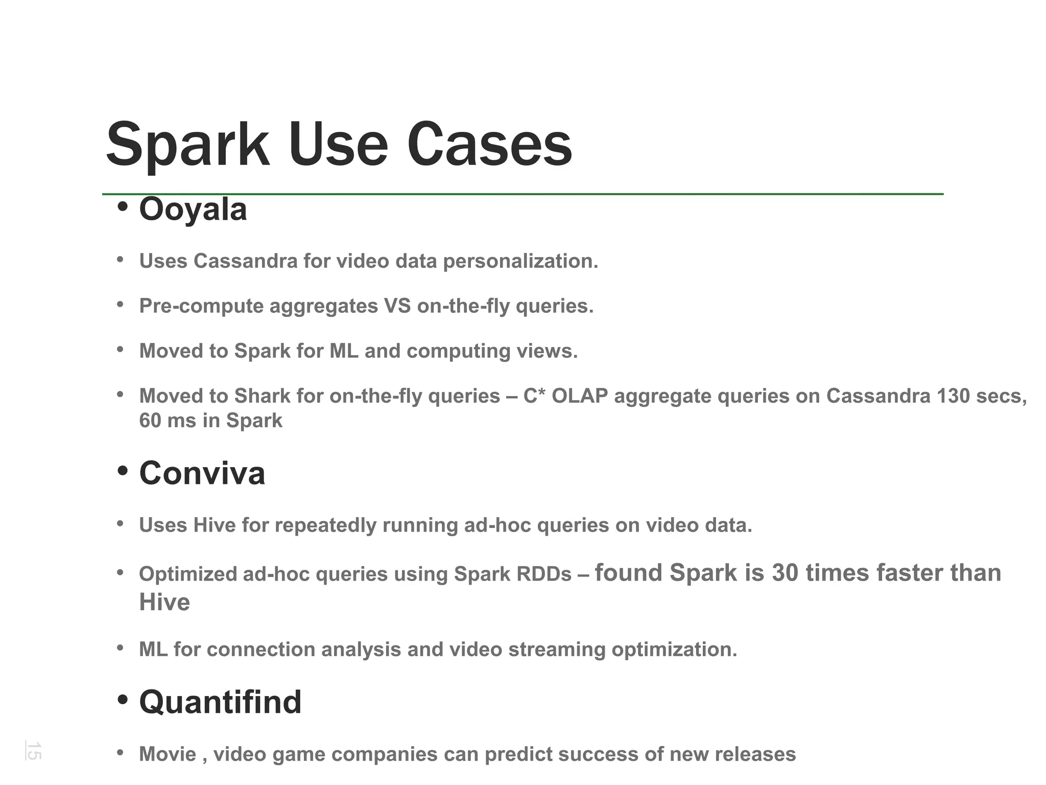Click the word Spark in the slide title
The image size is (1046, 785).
pos(187,146)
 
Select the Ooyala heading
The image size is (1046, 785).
pos(193,210)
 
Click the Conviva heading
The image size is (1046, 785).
pos(202,473)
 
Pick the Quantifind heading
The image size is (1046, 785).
pos(220,702)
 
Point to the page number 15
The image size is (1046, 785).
pos(34,751)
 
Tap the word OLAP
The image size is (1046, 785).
pos(580,396)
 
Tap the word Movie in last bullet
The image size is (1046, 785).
pos(168,754)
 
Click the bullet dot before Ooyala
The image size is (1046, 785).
pos(122,207)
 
